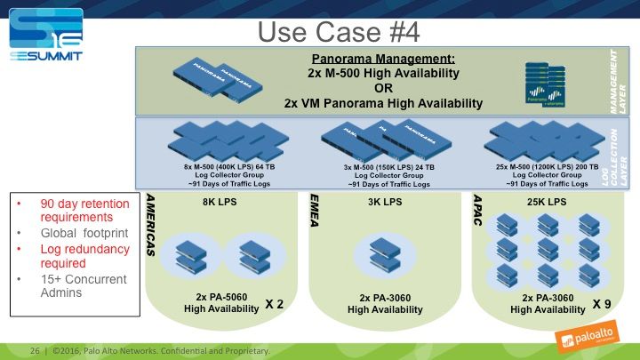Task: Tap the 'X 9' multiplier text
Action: pyautogui.click(x=603, y=304)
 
